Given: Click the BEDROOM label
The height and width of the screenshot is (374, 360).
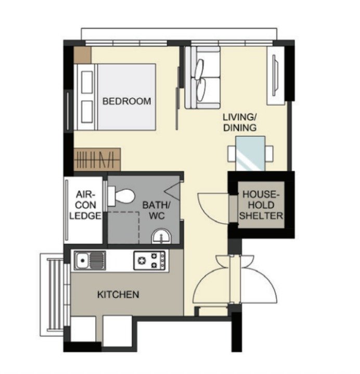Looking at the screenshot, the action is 127,101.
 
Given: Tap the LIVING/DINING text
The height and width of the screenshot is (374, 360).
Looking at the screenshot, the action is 240,122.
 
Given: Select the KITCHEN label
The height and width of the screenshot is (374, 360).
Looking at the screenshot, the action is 118,294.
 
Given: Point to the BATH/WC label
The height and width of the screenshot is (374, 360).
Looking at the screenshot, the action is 157,210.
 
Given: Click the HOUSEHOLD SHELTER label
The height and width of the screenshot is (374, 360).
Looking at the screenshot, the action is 261,205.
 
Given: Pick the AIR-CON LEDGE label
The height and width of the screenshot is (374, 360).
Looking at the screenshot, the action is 85,205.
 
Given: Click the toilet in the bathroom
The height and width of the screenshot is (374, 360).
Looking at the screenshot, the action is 121,196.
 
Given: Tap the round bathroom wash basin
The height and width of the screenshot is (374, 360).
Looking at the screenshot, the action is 161,236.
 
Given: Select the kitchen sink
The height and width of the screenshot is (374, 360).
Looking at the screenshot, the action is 90,260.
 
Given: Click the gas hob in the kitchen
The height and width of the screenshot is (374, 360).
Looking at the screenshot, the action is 149,260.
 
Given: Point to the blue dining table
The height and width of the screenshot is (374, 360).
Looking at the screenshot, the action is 250,153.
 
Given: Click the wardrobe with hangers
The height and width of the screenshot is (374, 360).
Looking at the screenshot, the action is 97,159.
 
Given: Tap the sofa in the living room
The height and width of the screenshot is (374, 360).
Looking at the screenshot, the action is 202,78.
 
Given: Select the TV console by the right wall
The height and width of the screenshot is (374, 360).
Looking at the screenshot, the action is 276,76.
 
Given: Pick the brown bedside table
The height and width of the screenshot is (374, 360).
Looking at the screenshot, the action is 82,55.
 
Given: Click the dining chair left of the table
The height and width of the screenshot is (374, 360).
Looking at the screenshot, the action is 232,154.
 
